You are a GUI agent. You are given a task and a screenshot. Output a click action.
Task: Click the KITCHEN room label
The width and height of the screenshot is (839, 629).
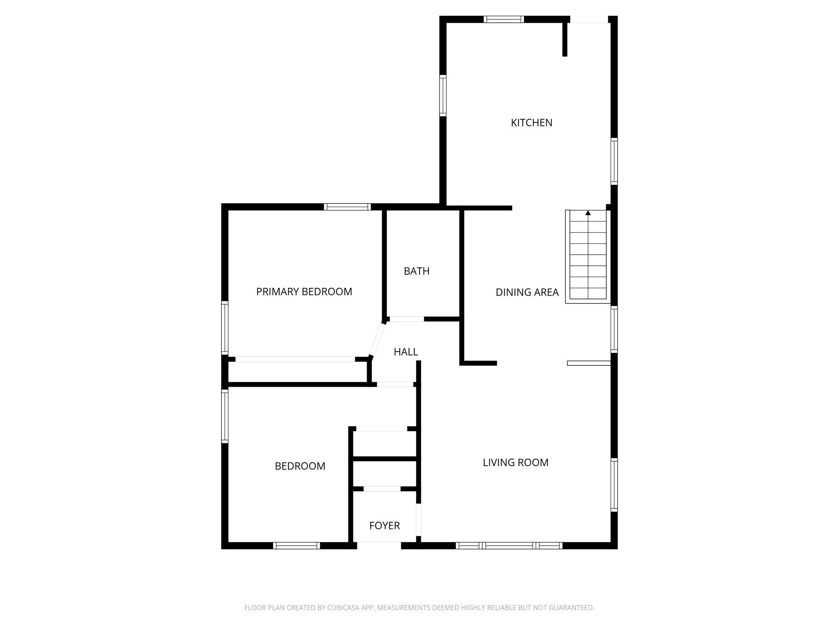pos(531,123)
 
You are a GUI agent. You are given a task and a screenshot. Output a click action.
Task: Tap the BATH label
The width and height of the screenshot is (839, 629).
pos(416,271)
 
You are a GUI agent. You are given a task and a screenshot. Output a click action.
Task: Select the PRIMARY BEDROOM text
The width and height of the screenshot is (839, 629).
pos(304,292)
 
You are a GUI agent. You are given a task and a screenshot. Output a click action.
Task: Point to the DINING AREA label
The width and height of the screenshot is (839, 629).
pos(527,292)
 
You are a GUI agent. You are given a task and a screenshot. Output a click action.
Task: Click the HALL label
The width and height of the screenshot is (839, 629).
pos(405,352)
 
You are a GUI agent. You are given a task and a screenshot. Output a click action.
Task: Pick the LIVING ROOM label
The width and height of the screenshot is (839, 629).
pos(516,462)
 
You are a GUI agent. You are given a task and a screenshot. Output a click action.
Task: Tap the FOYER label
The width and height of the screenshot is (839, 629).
pos(384,526)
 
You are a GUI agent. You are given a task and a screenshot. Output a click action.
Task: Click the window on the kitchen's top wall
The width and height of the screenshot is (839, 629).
pos(503,19)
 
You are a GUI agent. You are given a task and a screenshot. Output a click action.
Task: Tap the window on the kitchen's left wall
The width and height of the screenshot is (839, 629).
pos(443,96)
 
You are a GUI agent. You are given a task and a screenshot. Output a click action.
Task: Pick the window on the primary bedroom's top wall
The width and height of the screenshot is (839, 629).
pos(347,207)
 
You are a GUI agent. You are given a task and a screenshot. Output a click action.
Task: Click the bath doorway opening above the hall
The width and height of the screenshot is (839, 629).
pos(407,319)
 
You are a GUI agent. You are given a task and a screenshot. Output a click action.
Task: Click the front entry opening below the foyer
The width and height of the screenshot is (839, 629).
pos(379,546)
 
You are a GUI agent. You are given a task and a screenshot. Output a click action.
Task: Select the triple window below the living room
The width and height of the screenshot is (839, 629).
pos(509,546)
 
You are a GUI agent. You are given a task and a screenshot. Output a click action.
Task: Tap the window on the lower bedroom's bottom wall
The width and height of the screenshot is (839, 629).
pos(296,546)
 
